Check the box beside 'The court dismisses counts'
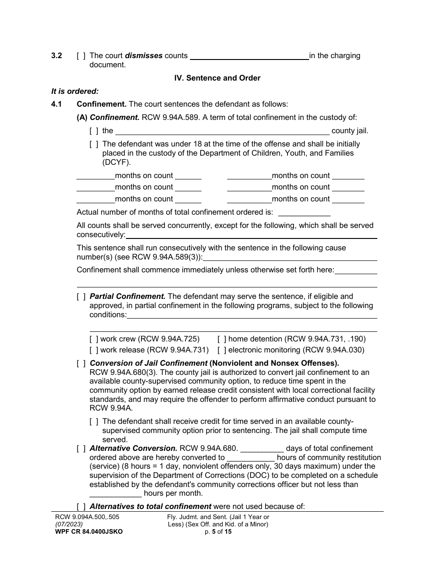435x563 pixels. click(81, 56)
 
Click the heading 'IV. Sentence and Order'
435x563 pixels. click(217, 78)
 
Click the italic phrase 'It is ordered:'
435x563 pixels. click(75, 91)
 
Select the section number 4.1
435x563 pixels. click(56, 104)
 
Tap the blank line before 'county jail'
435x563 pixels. click(222, 131)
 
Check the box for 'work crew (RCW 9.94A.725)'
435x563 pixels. click(94, 339)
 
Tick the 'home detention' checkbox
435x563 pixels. click(222, 339)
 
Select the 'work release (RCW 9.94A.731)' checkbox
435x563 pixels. click(94, 350)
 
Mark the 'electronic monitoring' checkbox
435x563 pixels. click(222, 350)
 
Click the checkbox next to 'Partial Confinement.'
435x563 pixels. click(81, 297)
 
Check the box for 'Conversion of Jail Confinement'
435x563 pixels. click(81, 364)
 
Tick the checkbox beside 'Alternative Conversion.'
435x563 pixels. click(81, 449)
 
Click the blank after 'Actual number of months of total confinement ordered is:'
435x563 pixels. click(304, 212)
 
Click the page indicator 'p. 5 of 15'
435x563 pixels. click(217, 532)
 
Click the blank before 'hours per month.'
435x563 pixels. click(115, 493)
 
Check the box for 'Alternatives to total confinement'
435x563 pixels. click(81, 506)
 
